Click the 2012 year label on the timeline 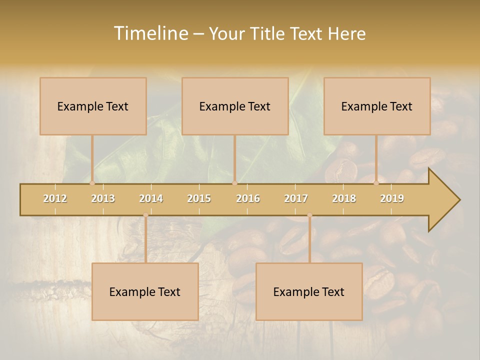[55, 198]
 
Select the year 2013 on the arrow [103, 198]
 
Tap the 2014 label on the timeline [151, 198]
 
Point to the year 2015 [199, 198]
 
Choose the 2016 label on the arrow [248, 198]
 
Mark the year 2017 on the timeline [296, 198]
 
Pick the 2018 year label [344, 198]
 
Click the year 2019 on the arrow [392, 198]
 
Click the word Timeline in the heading [150, 33]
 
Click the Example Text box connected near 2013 [93, 106]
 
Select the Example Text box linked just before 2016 [235, 106]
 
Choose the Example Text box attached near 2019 [377, 106]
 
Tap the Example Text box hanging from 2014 [145, 291]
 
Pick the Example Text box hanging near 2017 [309, 291]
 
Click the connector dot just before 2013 [92, 183]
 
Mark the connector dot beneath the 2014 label [145, 215]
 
